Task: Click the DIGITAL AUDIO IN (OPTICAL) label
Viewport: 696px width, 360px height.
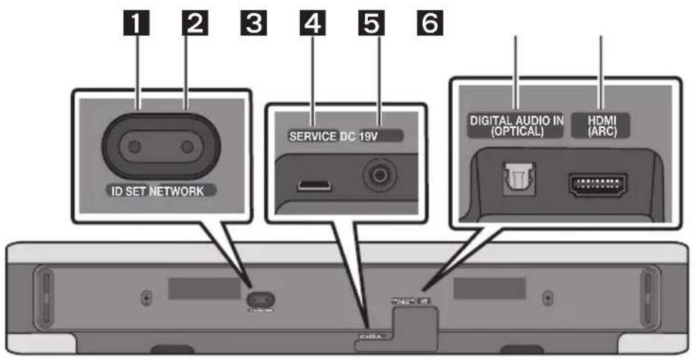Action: point(517,126)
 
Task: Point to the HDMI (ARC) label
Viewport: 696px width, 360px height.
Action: point(600,126)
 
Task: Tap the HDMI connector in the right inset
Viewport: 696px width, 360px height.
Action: point(597,184)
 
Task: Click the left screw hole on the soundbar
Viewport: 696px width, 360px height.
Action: point(146,298)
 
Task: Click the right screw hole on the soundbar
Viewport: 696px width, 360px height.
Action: point(547,298)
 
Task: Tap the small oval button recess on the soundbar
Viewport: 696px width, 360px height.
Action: point(262,298)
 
